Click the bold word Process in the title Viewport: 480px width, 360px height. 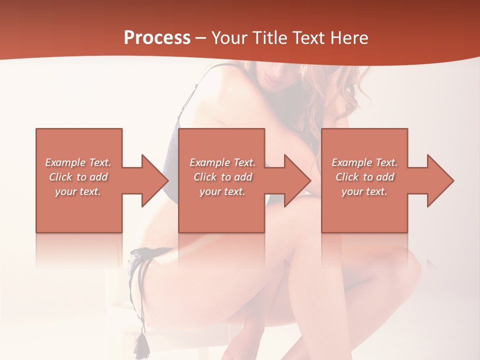point(157,38)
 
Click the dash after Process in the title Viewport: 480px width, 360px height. point(201,38)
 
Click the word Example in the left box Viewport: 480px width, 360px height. point(65,162)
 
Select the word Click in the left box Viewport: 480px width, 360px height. point(60,177)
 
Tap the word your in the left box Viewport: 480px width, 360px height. point(65,191)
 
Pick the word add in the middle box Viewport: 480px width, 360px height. point(243,177)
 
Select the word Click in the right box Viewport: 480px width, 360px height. point(347,177)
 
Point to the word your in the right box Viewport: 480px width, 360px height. point(352,191)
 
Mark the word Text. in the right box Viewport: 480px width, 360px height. point(385,162)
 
